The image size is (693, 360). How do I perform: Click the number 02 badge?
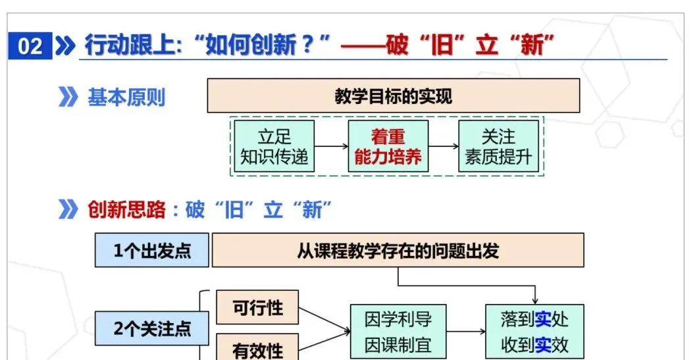coord(30,47)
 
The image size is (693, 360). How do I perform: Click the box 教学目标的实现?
coord(394,96)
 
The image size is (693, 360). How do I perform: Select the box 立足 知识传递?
coord(274,147)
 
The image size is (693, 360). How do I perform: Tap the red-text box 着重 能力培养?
coord(388,147)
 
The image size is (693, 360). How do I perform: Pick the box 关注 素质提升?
coord(498,147)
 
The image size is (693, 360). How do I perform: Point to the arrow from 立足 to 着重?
coord(330,147)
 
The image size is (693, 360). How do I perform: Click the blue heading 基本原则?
coord(126,97)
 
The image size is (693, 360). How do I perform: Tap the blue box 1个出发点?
coord(152,251)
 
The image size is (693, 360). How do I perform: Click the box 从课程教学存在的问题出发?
coord(398,251)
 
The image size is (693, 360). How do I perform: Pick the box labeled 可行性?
coord(257,307)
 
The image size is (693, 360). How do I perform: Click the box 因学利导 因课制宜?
coord(398,332)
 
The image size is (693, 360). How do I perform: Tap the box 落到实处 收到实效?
coord(534,332)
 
